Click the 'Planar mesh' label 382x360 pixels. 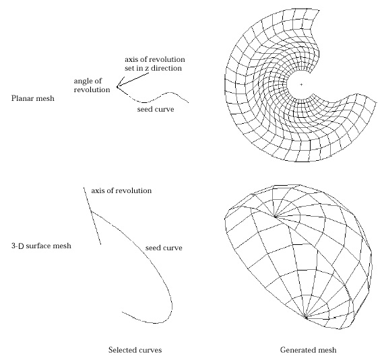click(x=33, y=98)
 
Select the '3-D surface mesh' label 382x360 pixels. click(x=41, y=246)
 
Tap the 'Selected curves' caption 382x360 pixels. click(x=135, y=350)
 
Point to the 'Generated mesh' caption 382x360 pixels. click(x=308, y=350)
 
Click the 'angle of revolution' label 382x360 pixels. click(x=92, y=85)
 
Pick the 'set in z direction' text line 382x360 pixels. click(x=153, y=68)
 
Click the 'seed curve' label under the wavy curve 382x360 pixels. click(x=156, y=109)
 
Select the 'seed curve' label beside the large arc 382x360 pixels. click(x=164, y=248)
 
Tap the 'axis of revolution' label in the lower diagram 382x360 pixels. click(x=121, y=190)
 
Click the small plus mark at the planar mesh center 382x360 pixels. click(x=301, y=85)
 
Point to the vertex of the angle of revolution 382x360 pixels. click(x=117, y=87)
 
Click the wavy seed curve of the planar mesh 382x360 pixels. click(x=158, y=98)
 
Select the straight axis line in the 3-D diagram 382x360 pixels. click(x=92, y=216)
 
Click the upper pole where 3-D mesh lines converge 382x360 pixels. click(x=276, y=216)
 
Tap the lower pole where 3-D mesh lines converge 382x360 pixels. click(x=307, y=317)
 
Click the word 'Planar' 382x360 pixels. click(x=22, y=98)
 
